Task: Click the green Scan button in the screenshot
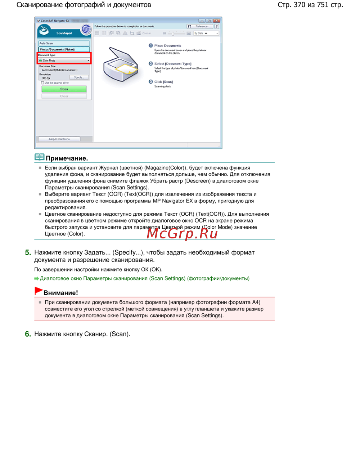tap(64, 89)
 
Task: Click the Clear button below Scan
tap(64, 96)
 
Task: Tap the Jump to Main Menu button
tap(59, 139)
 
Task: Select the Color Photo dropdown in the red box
tap(64, 61)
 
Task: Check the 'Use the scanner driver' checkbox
tap(42, 83)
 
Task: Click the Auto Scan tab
tap(64, 43)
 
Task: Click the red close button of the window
tap(216, 21)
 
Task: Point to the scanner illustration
tap(120, 65)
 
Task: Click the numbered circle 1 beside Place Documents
tap(151, 45)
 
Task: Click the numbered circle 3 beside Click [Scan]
tap(151, 82)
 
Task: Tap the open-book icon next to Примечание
tap(39, 157)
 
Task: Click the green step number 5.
tap(28, 253)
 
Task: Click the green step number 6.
tap(28, 334)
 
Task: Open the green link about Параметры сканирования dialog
tap(144, 278)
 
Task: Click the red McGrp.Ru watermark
tap(182, 234)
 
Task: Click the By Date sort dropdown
tap(206, 33)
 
